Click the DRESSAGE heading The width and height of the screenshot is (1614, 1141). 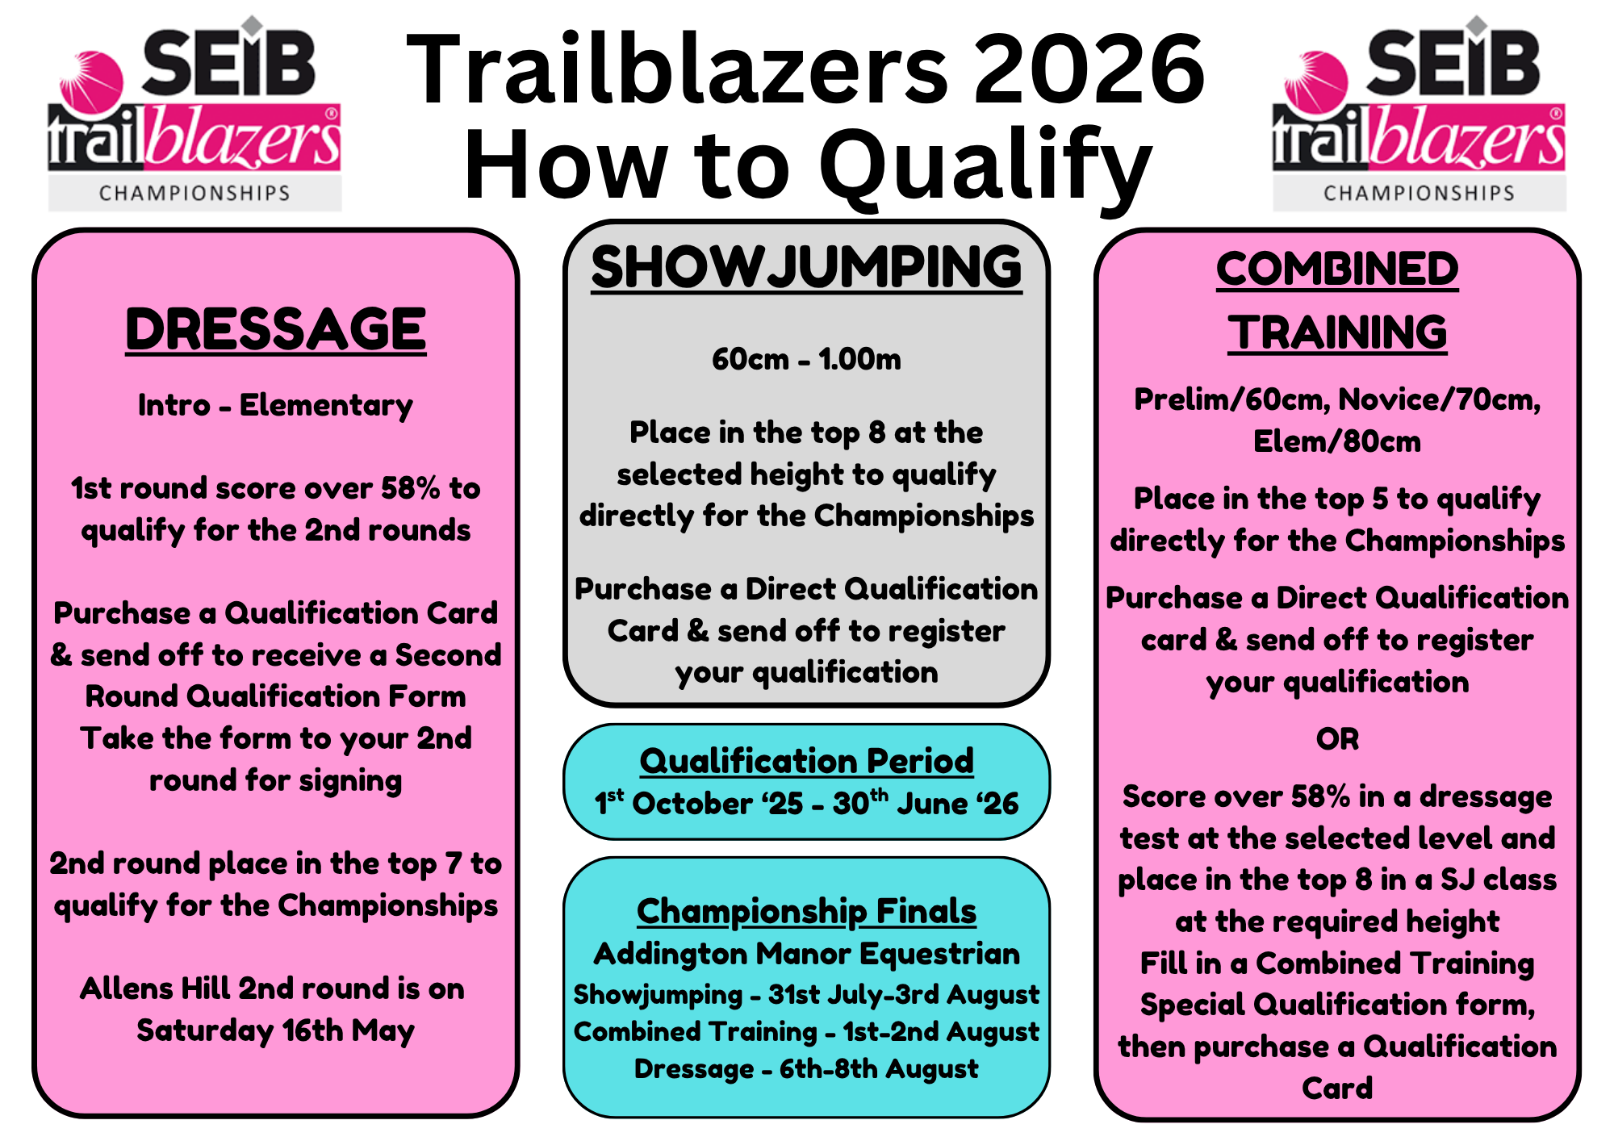(276, 329)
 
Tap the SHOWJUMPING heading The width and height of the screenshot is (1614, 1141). (806, 267)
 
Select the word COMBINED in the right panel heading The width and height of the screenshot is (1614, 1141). (1337, 269)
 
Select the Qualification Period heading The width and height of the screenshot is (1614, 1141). (806, 761)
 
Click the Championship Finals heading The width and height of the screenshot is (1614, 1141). (806, 912)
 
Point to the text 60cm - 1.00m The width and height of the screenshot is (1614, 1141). (806, 359)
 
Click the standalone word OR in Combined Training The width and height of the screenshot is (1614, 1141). (1337, 739)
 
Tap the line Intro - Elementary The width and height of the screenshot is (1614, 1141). (275, 405)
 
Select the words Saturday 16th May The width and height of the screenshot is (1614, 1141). (275, 1031)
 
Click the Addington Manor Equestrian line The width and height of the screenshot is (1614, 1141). (806, 955)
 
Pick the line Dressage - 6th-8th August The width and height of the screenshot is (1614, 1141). (806, 1069)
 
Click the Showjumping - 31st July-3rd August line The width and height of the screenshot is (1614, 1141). (806, 995)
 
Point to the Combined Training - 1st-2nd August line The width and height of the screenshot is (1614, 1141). (806, 1032)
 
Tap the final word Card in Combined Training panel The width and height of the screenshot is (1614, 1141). (1337, 1089)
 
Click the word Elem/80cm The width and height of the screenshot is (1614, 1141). (1337, 442)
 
